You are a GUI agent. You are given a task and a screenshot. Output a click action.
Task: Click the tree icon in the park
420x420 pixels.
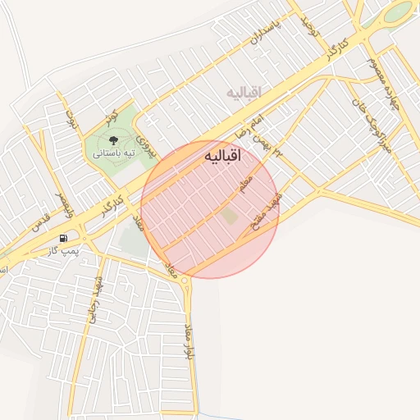pos(112,140)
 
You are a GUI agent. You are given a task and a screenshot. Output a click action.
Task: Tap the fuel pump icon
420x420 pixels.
pos(63,238)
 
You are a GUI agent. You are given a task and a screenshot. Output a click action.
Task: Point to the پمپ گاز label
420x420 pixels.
pos(68,249)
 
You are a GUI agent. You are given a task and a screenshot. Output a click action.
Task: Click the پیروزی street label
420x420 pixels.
pos(146,144)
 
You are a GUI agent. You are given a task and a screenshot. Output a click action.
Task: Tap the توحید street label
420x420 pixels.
pos(305,23)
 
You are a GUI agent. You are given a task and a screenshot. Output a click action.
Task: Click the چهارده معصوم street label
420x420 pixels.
pos(377,74)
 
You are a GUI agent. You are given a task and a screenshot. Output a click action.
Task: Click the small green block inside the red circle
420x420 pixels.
pos(230,216)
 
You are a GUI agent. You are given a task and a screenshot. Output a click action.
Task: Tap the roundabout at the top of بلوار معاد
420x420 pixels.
pos(186,282)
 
